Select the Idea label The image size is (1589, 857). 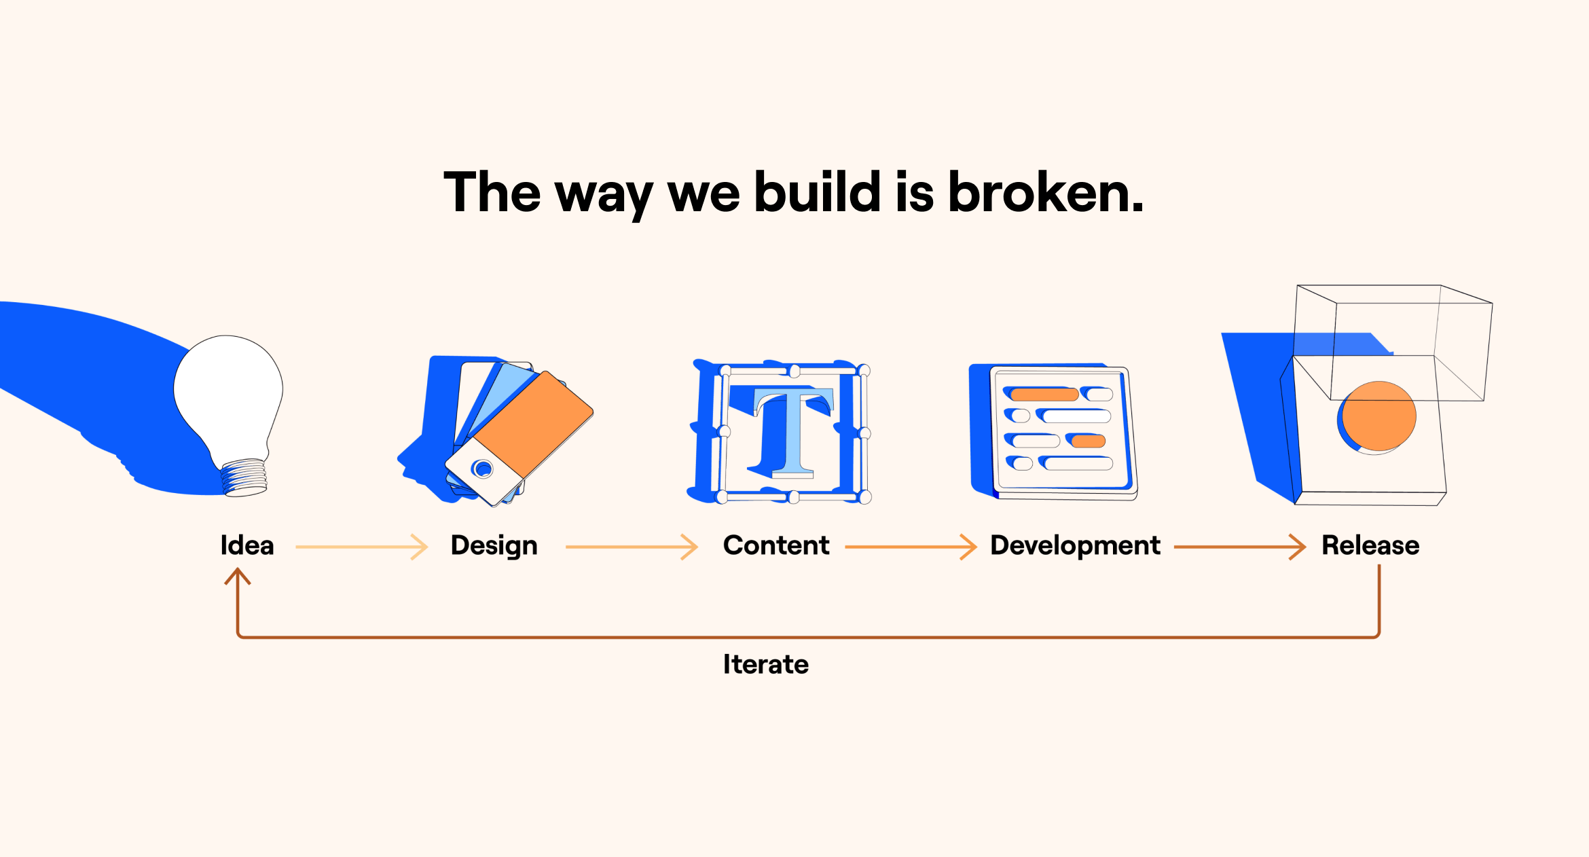tap(247, 545)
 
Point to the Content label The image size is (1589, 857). tap(776, 545)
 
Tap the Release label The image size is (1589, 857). tap(1370, 545)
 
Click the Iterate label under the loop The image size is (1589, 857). tap(766, 664)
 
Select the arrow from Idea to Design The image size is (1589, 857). tap(362, 547)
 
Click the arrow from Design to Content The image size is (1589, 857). tap(632, 547)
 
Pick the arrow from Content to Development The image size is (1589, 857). tap(911, 547)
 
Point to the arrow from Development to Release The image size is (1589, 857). tap(1240, 547)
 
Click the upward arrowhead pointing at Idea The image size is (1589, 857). tap(238, 576)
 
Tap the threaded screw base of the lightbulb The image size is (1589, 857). tap(244, 477)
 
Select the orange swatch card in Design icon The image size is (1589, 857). tap(533, 424)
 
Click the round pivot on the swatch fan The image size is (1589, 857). tap(483, 469)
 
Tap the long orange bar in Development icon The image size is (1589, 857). tap(1044, 395)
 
